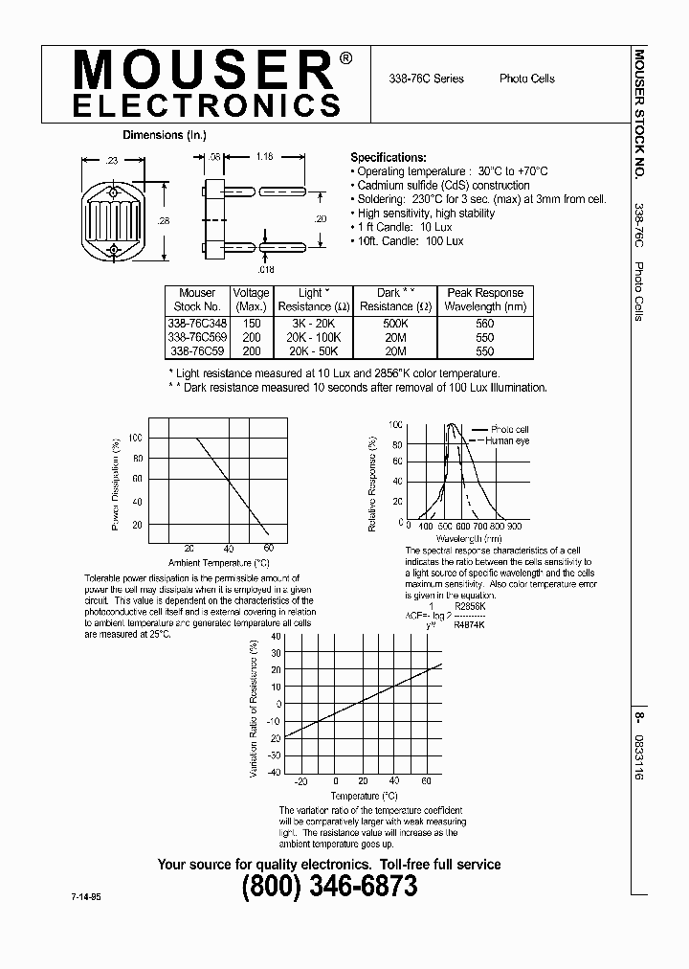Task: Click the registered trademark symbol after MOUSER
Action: (x=345, y=57)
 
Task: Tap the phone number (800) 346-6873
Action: (x=329, y=887)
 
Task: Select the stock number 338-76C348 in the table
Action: (x=197, y=324)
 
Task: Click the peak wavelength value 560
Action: (x=485, y=324)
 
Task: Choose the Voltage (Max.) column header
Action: (x=251, y=299)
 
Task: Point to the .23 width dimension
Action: (x=113, y=162)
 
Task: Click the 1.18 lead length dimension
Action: (x=265, y=154)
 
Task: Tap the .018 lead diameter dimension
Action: (x=265, y=270)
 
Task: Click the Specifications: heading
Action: (x=389, y=157)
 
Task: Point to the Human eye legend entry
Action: (x=507, y=440)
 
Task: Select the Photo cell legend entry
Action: (x=509, y=429)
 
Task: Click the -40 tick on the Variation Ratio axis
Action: (x=275, y=771)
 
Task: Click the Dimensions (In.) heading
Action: (x=165, y=135)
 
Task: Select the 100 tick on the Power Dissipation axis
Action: (x=135, y=438)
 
